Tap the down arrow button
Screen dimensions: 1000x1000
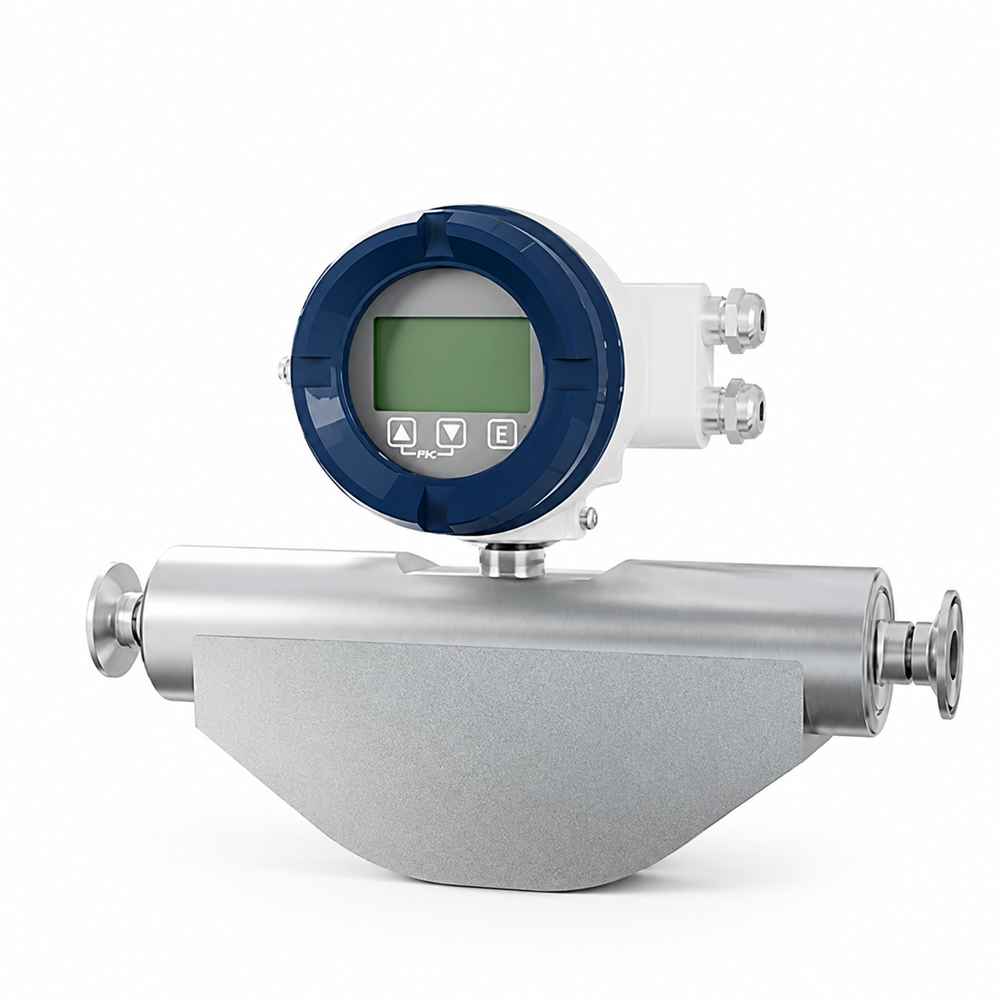[x=451, y=432]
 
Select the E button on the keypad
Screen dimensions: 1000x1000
[x=502, y=433]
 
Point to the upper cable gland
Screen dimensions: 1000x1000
[x=734, y=321]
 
